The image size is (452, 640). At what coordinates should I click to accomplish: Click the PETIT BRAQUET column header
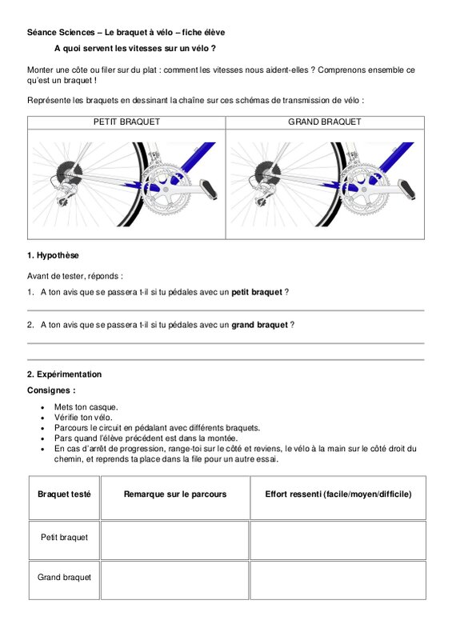[126, 122]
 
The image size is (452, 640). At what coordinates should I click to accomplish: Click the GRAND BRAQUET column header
[325, 122]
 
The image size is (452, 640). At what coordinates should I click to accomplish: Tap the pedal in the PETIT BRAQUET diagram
[208, 189]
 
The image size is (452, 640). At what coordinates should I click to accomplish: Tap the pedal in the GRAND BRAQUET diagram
[406, 189]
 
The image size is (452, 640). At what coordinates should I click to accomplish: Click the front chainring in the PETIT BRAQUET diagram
[166, 190]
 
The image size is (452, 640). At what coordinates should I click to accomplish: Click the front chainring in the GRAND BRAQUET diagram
[364, 190]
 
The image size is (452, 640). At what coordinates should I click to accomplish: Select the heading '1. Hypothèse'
[53, 255]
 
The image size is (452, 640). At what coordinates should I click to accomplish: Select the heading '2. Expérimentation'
[65, 374]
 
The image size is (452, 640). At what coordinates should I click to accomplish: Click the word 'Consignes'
[49, 390]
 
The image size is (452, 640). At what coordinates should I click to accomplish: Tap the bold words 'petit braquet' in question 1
[257, 292]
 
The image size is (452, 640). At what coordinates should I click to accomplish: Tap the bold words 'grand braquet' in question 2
[260, 325]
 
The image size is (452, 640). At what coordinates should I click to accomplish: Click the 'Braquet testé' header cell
[64, 498]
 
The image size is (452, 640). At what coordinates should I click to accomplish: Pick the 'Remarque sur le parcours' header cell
[175, 498]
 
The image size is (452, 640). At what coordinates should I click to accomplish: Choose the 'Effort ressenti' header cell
[338, 498]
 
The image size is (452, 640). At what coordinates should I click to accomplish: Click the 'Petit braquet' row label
[64, 538]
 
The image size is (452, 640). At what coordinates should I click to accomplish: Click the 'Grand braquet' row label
[64, 577]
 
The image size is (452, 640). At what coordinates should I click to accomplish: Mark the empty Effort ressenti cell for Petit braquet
[338, 540]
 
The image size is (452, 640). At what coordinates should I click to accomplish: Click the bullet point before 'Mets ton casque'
[42, 407]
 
